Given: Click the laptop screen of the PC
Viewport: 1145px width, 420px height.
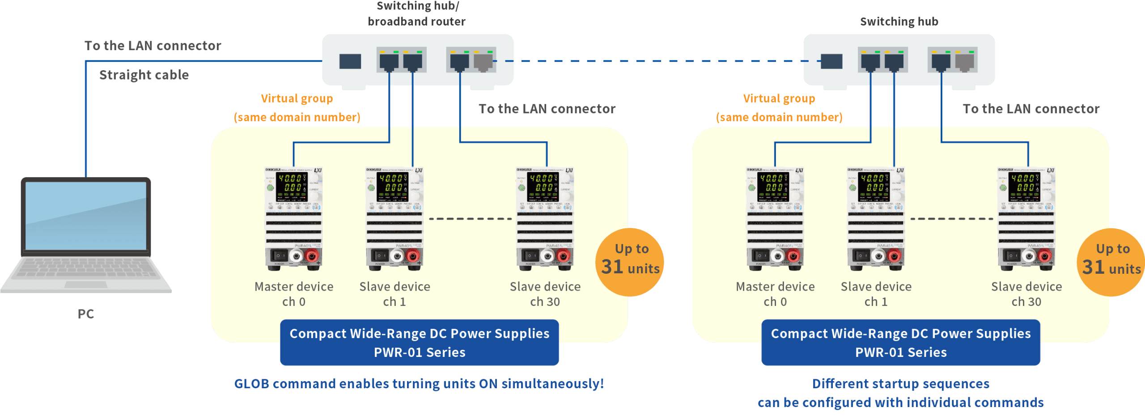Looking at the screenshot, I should click(x=86, y=216).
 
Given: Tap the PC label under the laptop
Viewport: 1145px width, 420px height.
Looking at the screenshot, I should click(x=86, y=314).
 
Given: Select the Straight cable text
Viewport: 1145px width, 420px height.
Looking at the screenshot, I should click(x=144, y=75).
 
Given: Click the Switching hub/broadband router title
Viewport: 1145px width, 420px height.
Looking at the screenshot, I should click(x=417, y=13).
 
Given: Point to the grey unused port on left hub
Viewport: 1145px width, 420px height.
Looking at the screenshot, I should click(x=483, y=61).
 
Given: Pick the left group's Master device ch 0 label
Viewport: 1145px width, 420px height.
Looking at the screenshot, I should click(x=294, y=294).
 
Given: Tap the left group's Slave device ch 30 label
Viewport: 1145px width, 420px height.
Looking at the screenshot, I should click(x=545, y=294).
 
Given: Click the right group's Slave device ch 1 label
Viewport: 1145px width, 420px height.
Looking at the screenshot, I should click(x=876, y=294).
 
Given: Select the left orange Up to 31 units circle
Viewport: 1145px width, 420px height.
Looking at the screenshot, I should click(x=630, y=262).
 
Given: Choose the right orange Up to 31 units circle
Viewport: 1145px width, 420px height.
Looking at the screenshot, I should click(x=1111, y=262).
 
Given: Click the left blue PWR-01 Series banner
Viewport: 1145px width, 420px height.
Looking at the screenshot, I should click(x=420, y=343).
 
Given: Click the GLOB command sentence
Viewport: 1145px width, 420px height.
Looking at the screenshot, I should click(x=419, y=383).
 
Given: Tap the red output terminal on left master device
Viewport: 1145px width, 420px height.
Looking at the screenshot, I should click(x=311, y=256).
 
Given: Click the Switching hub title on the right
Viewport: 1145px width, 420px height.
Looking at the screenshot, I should click(x=899, y=21).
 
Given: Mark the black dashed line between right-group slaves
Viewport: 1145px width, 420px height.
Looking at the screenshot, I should click(x=952, y=219).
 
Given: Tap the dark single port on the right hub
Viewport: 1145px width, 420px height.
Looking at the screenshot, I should click(x=831, y=61).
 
